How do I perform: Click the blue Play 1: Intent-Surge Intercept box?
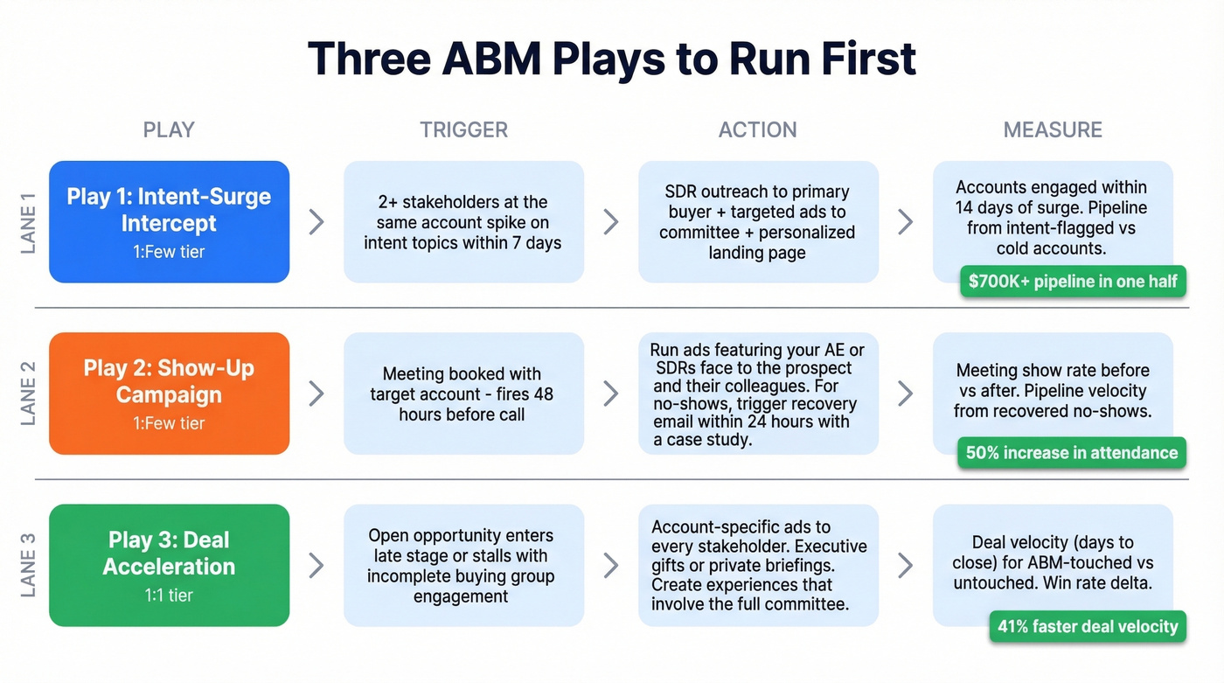169,221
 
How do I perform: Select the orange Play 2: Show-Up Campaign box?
169,393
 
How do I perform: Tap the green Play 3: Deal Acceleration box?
169,565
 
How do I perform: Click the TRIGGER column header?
463,130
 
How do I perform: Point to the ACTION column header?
757,130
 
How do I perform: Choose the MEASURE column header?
1053,130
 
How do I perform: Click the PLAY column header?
169,130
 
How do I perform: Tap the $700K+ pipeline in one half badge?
1073,282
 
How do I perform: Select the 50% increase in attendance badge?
1072,453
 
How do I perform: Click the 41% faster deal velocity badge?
1088,626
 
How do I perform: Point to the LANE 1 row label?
29,222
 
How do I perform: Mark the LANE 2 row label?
29,393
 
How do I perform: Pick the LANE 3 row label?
29,565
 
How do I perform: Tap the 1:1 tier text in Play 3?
169,596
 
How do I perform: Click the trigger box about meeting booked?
463,394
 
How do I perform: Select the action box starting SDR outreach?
758,222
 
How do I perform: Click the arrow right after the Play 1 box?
316,222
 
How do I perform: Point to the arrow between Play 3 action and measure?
906,565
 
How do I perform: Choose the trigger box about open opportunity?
463,565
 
